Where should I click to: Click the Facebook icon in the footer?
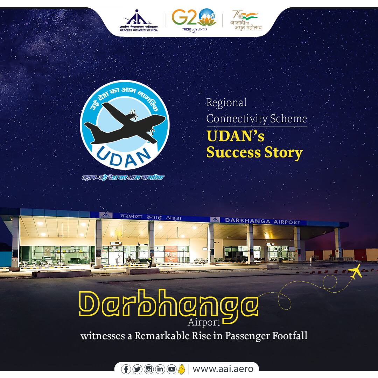(126, 369)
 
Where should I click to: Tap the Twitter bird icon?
(137, 369)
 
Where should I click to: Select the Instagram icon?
(149, 369)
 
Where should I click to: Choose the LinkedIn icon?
(160, 369)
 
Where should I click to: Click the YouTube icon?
(171, 369)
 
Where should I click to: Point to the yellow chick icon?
(181, 369)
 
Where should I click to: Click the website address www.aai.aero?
(223, 369)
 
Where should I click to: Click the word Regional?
(226, 103)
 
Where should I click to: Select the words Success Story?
(254, 153)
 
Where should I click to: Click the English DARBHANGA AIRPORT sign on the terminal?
(262, 221)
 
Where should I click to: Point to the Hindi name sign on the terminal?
(151, 217)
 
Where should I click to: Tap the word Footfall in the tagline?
(285, 336)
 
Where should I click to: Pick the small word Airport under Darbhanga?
(204, 322)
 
